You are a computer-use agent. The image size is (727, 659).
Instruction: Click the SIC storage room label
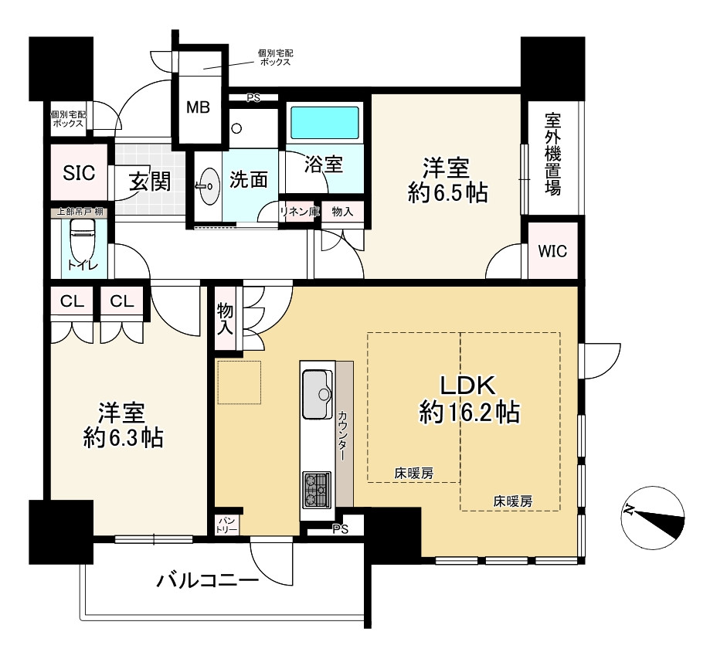pos(79,173)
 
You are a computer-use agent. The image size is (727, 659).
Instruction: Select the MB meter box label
pos(198,107)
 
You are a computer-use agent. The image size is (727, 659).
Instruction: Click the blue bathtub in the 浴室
pos(324,121)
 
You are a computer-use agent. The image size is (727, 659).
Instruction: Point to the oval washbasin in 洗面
pos(209,186)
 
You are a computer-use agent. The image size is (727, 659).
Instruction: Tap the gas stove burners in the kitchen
pos(317,490)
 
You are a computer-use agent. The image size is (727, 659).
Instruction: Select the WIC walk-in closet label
pos(552,251)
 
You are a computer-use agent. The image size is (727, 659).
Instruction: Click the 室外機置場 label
pos(552,154)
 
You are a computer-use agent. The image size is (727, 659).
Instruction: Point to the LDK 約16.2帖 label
pos(469,399)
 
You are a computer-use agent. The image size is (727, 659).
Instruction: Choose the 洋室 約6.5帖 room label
pos(447,181)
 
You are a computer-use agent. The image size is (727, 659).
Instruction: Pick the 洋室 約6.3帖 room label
pos(123,425)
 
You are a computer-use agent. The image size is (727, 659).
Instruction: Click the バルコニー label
pos(207,580)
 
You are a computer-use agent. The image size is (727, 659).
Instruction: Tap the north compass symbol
pos(653,518)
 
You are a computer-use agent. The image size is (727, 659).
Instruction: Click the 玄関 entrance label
pos(150,181)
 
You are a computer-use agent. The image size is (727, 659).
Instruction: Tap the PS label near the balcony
pos(340,529)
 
